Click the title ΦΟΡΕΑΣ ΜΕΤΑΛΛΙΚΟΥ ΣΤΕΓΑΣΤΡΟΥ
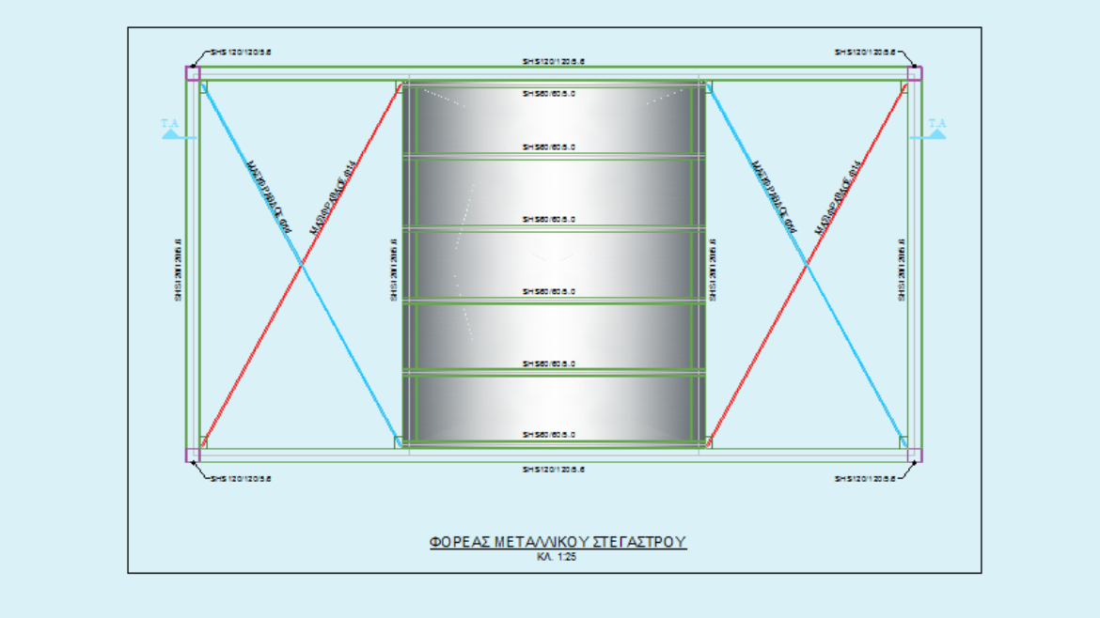coord(558,542)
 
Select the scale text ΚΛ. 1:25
coord(558,557)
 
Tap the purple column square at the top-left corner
coord(193,73)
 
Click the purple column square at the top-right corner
coord(914,73)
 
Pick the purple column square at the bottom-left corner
coord(193,456)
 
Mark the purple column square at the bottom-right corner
coord(914,456)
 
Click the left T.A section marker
coord(171,129)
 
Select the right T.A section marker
coord(936,129)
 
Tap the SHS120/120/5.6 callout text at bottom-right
coord(865,478)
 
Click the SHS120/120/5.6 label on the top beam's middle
coord(555,62)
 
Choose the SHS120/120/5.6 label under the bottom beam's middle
coord(555,469)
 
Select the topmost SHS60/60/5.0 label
coord(549,93)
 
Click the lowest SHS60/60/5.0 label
coord(549,435)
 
